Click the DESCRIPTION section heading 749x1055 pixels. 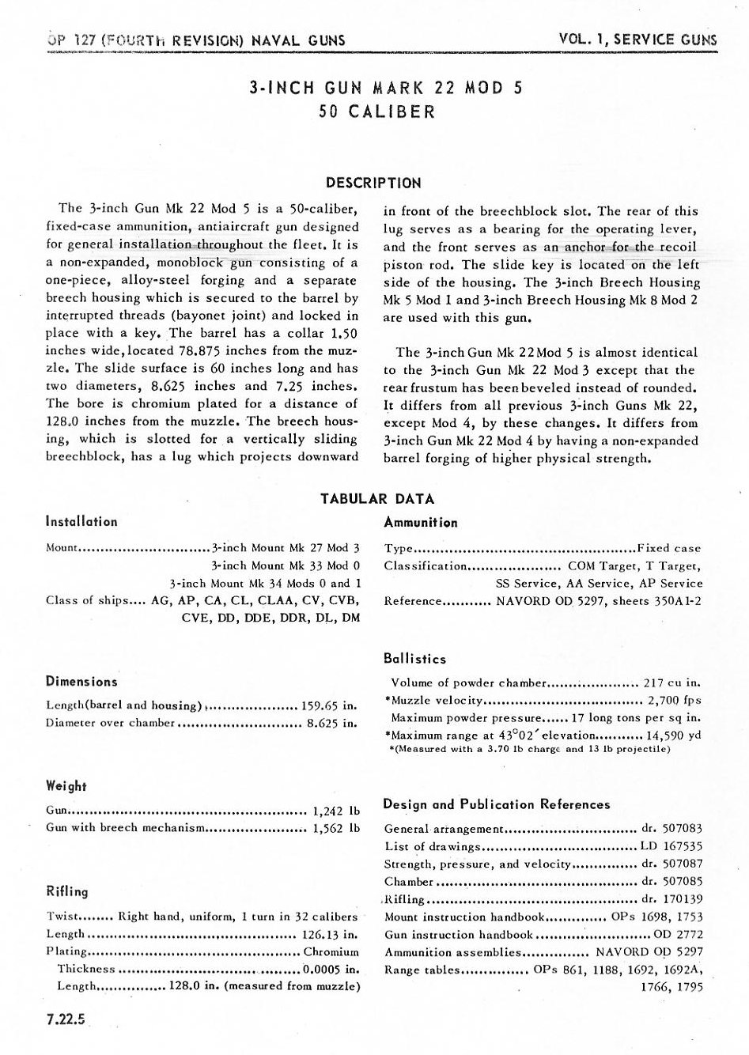pyautogui.click(x=374, y=183)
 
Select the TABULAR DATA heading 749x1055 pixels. pyautogui.click(x=377, y=498)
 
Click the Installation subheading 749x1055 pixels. pyautogui.click(x=81, y=522)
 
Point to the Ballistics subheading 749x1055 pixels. pyautogui.click(x=414, y=659)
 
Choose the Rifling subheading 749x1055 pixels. pyautogui.click(x=67, y=891)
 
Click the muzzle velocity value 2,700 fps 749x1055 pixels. pyautogui.click(x=675, y=700)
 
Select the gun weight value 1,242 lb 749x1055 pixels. pyautogui.click(x=336, y=811)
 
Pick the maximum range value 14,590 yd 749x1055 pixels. pyautogui.click(x=675, y=735)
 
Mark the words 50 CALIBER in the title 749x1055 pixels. pyautogui.click(x=376, y=112)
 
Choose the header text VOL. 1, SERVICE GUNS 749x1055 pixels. pyautogui.click(x=637, y=39)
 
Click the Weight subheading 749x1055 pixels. pyautogui.click(x=66, y=786)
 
